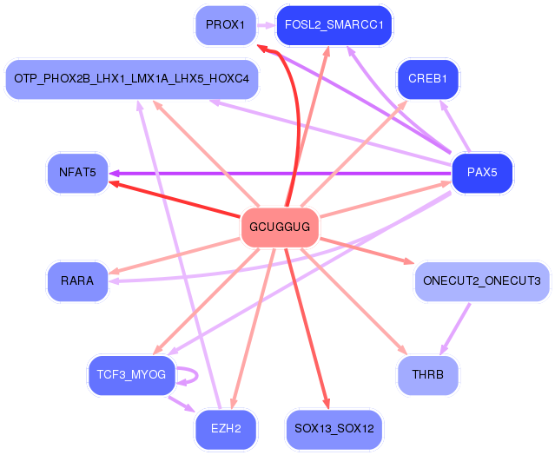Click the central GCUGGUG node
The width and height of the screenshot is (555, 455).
click(x=280, y=227)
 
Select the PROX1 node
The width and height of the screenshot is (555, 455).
click(x=225, y=24)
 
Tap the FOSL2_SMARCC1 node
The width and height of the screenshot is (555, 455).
click(x=334, y=24)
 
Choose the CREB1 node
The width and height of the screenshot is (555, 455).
click(x=427, y=79)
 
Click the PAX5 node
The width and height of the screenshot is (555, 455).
click(x=482, y=172)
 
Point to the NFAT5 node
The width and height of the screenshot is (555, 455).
click(x=76, y=173)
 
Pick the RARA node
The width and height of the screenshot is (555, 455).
click(x=76, y=281)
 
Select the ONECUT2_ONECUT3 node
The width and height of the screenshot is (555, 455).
click(x=481, y=281)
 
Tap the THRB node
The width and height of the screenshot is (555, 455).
click(x=427, y=375)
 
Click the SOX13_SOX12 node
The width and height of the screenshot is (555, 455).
click(x=334, y=429)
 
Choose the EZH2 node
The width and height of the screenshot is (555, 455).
click(x=225, y=429)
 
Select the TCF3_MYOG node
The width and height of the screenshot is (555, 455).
click(x=131, y=375)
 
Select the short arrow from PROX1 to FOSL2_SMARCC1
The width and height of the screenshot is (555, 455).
click(x=264, y=24)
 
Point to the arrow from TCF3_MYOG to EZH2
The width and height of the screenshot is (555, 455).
click(x=181, y=404)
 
